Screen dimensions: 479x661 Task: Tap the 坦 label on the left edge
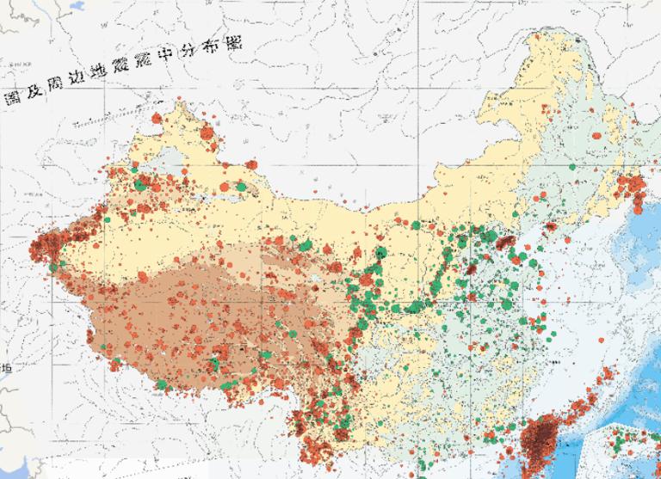point(8,368)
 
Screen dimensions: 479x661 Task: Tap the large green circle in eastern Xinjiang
point(241,184)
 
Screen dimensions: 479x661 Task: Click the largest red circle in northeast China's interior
point(596,134)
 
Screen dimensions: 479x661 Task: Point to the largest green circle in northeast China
point(575,181)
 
